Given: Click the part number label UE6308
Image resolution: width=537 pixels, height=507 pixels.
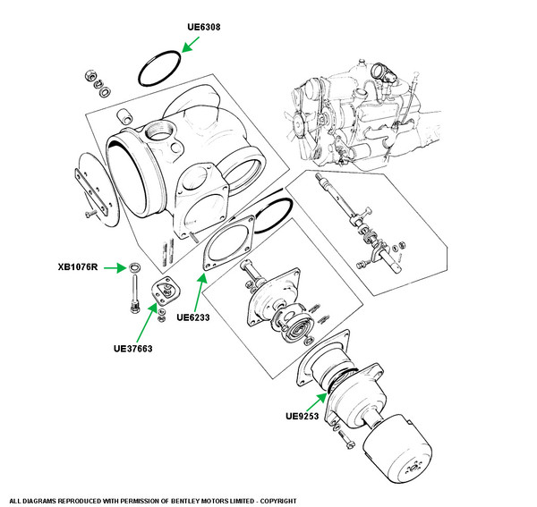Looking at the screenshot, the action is pyautogui.click(x=204, y=27).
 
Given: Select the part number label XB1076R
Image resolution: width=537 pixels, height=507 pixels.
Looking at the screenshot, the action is pyautogui.click(x=78, y=266).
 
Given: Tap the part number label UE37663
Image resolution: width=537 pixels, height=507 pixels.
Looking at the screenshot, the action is pyautogui.click(x=132, y=349).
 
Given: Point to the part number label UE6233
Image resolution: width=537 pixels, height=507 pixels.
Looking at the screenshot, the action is pyautogui.click(x=193, y=317).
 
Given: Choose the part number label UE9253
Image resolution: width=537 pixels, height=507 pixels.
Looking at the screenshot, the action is pyautogui.click(x=303, y=416).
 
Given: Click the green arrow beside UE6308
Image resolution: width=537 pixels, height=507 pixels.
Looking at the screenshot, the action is pyautogui.click(x=191, y=45).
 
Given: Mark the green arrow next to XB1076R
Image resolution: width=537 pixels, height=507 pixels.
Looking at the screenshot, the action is pyautogui.click(x=115, y=268).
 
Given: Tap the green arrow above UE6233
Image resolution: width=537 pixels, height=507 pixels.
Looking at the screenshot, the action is pyautogui.click(x=200, y=292).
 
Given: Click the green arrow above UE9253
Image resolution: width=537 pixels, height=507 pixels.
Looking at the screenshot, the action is pyautogui.click(x=317, y=402).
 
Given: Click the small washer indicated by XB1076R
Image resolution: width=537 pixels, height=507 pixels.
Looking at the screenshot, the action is pyautogui.click(x=134, y=266).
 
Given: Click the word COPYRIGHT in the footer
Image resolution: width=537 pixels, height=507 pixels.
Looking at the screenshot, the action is pyautogui.click(x=278, y=501).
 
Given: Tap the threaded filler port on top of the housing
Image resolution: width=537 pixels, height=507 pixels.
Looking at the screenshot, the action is pyautogui.click(x=159, y=131).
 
